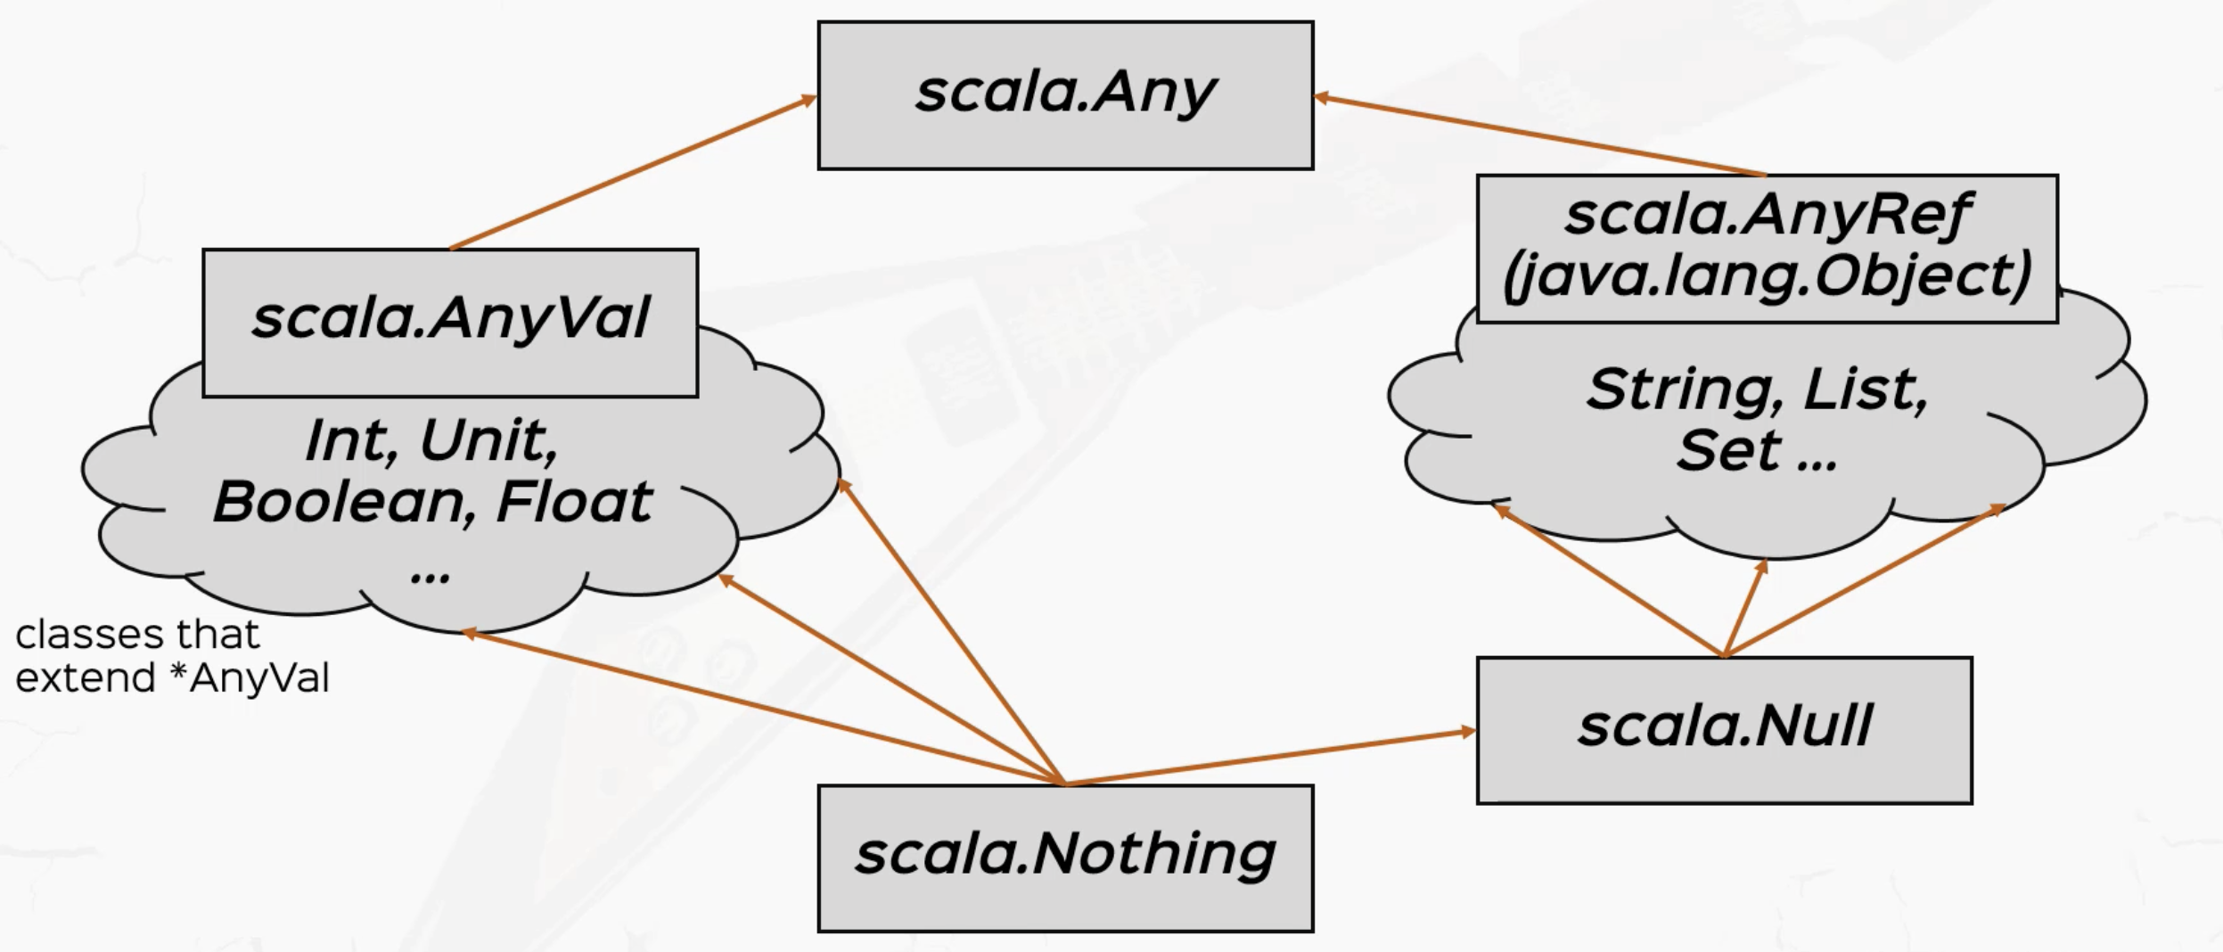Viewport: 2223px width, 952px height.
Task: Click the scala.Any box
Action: [1065, 95]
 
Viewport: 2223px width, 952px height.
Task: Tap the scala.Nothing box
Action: [1065, 858]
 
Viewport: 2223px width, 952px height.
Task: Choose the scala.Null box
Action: [1724, 730]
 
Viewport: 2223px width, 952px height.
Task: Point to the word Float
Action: [574, 502]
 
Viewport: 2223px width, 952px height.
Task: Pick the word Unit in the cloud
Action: [488, 441]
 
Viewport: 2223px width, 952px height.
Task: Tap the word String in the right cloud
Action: [1687, 390]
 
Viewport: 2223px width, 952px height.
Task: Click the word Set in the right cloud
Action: [1728, 451]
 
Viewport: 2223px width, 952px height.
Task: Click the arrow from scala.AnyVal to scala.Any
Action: [633, 173]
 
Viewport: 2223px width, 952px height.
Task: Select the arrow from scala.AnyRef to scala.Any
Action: [1539, 135]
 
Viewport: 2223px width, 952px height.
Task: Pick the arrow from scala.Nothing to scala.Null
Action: [1270, 758]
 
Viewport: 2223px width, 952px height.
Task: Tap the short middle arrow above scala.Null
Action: [1744, 609]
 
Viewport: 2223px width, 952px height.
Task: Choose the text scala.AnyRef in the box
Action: [1768, 216]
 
